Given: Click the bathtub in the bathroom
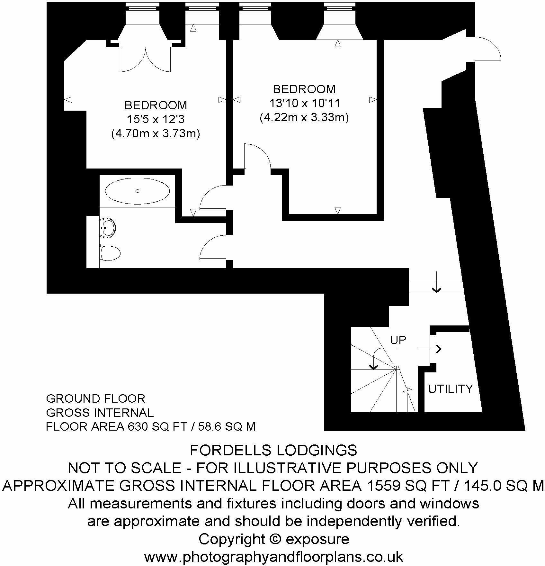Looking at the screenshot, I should [x=137, y=191].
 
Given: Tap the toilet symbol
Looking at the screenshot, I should [x=110, y=253].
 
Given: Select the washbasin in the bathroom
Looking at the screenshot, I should [x=108, y=228].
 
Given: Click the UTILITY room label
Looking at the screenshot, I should [x=451, y=389].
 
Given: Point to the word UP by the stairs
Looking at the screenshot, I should [x=398, y=340].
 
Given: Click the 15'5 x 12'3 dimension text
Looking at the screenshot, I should [x=156, y=120].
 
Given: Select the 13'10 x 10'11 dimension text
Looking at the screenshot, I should [x=304, y=103].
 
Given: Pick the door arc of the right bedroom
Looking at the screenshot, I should [x=258, y=156].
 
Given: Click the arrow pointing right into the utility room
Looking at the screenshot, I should [x=431, y=349].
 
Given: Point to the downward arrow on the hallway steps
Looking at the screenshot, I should [x=436, y=283].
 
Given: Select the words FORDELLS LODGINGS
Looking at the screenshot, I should [x=273, y=450].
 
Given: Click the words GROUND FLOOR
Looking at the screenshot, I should [x=96, y=399].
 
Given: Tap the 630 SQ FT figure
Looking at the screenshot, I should [x=157, y=427].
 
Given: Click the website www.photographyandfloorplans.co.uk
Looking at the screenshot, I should [x=273, y=557].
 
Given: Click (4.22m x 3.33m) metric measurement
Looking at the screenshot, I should [x=304, y=117].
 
